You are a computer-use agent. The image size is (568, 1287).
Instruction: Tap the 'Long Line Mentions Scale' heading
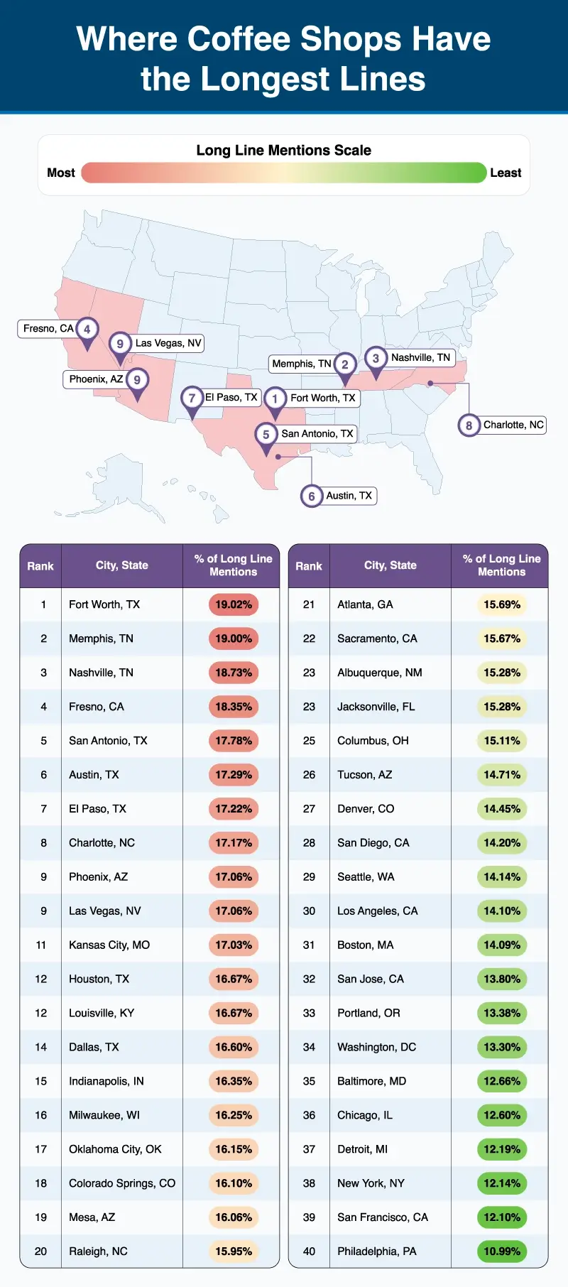283,151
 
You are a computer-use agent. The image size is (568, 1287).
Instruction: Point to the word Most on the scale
61,173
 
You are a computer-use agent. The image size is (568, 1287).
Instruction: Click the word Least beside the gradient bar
506,173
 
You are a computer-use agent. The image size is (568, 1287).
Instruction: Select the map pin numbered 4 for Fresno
87,330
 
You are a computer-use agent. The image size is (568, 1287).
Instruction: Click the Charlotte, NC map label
513,425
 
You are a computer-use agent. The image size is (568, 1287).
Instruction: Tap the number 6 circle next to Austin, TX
312,496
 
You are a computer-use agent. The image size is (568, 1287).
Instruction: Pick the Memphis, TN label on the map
302,364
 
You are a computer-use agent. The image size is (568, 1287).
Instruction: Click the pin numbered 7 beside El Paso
192,398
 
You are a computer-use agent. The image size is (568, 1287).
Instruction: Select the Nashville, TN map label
420,357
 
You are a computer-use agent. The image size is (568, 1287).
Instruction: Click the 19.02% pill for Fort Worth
234,604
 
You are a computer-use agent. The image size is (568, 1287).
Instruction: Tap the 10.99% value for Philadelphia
502,1251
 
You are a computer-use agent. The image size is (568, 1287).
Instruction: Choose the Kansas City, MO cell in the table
109,945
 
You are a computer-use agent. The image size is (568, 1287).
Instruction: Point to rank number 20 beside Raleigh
40,1251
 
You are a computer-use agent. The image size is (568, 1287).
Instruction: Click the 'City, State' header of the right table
390,565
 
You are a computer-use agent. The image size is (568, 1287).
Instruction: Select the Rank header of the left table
40,566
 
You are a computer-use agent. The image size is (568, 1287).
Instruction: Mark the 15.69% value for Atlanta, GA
502,604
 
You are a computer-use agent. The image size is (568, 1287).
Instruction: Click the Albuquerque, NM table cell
379,673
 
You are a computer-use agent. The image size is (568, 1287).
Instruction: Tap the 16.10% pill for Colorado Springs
234,1183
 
